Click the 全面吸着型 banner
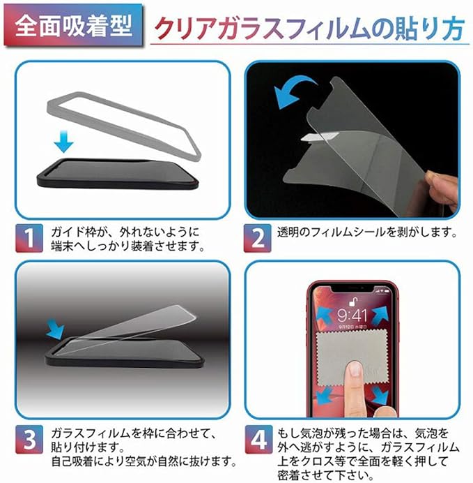point(74,26)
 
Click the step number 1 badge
point(29,238)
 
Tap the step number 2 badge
point(258,238)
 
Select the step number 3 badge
point(29,439)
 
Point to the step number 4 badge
point(258,439)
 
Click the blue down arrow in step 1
point(63,141)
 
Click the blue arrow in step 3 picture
point(55,329)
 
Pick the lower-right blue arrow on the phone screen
point(380,396)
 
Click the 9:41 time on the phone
point(352,315)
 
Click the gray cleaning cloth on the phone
point(351,357)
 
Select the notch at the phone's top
point(352,289)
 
